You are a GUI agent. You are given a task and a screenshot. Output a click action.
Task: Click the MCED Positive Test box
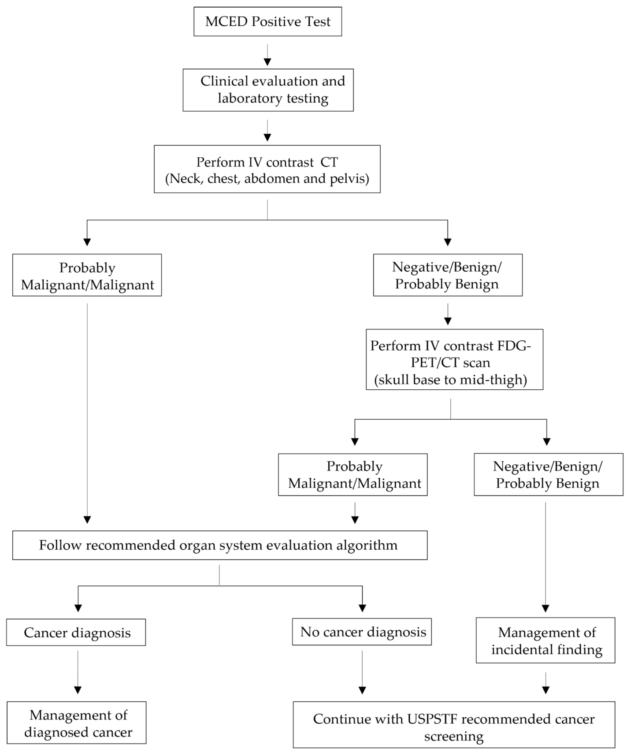pos(268,22)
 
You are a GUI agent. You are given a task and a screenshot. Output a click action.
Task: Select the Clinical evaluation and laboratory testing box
pos(268,90)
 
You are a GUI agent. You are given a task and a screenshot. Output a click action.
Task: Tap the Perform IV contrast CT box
pos(267,169)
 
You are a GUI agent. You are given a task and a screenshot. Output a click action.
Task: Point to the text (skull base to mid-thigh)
pos(450,379)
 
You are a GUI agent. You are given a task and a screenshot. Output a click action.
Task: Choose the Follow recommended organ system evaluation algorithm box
pos(220,545)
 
